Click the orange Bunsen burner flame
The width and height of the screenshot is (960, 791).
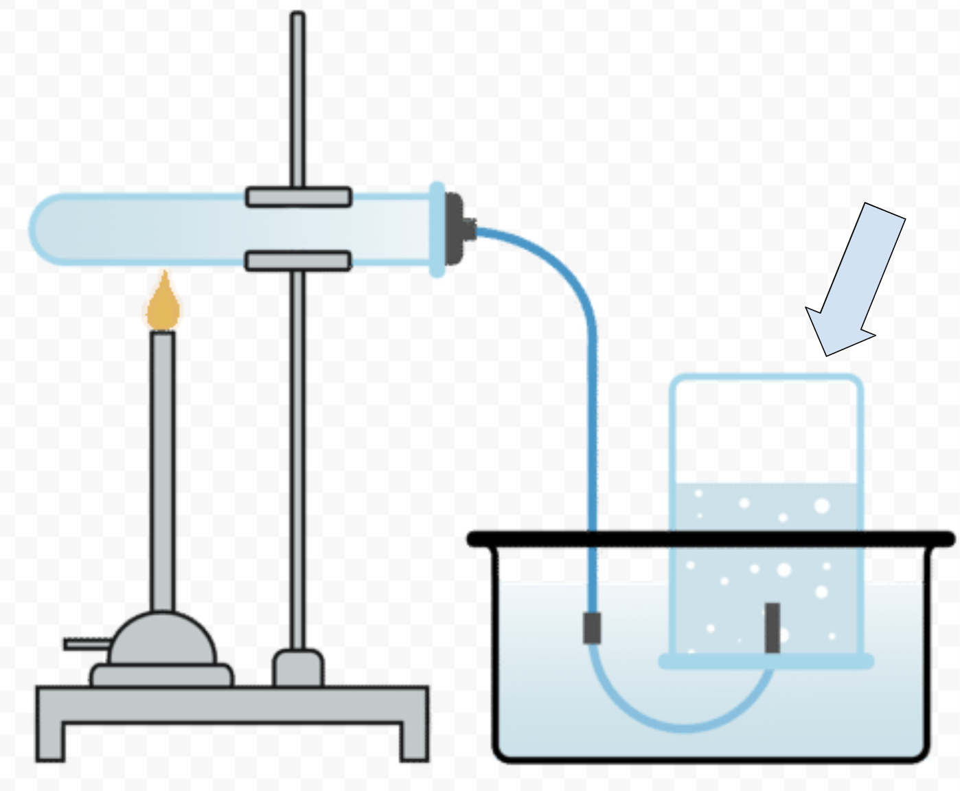click(x=163, y=306)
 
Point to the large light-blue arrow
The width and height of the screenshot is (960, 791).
click(x=855, y=278)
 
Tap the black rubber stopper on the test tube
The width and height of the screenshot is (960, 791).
click(x=454, y=229)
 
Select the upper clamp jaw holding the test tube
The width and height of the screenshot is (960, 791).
click(x=299, y=197)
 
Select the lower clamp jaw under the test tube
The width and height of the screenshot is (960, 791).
click(x=299, y=261)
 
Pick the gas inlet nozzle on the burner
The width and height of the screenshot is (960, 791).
click(x=86, y=644)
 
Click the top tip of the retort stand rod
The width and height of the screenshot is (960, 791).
click(x=297, y=16)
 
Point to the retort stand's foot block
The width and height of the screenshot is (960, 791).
click(x=298, y=668)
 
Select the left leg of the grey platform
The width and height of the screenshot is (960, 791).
click(x=50, y=738)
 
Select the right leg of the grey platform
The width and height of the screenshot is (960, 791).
click(x=414, y=738)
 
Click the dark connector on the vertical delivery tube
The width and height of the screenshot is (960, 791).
click(x=592, y=627)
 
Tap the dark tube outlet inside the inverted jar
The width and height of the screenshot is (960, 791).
click(x=773, y=627)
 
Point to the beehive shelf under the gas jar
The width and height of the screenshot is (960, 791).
click(x=766, y=661)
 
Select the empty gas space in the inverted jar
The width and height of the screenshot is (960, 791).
click(x=766, y=429)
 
